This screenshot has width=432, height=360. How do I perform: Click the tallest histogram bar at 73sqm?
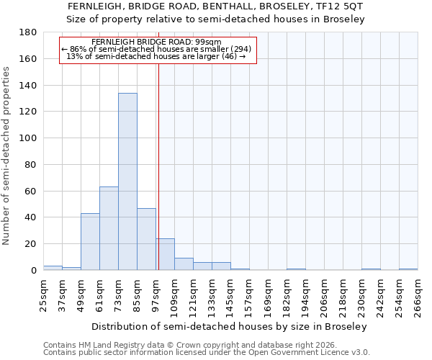(x=127, y=181)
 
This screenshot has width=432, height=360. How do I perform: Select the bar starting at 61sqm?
(x=109, y=228)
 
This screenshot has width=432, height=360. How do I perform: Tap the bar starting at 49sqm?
(x=90, y=241)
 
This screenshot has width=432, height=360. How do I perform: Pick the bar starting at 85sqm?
(x=146, y=239)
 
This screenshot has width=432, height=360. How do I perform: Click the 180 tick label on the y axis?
(x=28, y=32)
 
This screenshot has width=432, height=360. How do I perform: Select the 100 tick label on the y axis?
(x=28, y=138)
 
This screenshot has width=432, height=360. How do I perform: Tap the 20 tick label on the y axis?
(x=31, y=244)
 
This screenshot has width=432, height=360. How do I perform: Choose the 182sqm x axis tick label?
(x=287, y=295)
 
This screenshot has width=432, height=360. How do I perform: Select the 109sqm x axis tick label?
(x=174, y=295)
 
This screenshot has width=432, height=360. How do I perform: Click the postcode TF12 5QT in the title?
(x=338, y=6)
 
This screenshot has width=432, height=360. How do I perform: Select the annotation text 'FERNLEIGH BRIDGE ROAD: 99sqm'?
(x=157, y=42)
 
